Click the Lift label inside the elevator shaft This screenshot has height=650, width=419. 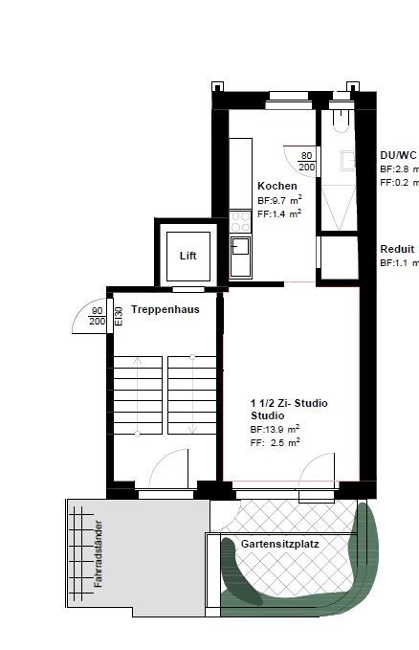pyautogui.click(x=187, y=257)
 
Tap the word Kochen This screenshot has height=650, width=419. pyautogui.click(x=276, y=186)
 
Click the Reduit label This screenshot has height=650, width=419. pyautogui.click(x=396, y=248)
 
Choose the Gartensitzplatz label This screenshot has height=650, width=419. pyautogui.click(x=279, y=543)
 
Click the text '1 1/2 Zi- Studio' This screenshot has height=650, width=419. pyautogui.click(x=289, y=404)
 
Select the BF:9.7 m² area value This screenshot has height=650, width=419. pyautogui.click(x=280, y=200)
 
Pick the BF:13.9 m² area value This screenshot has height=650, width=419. pyautogui.click(x=276, y=430)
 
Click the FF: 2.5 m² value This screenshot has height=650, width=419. pyautogui.click(x=276, y=443)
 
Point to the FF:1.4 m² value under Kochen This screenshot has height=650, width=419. pyautogui.click(x=279, y=214)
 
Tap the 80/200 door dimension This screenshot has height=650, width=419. pyautogui.click(x=307, y=160)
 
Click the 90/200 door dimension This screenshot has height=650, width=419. pyautogui.click(x=97, y=316)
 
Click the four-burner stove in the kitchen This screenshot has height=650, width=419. pyautogui.click(x=239, y=222)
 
